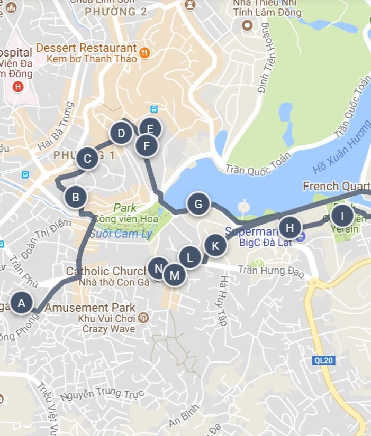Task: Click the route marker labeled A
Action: click(x=22, y=303)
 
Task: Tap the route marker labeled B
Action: click(x=76, y=198)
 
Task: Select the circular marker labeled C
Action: click(x=87, y=158)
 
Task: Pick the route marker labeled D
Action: click(x=121, y=133)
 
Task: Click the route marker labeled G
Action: click(x=198, y=204)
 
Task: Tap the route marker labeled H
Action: click(x=289, y=228)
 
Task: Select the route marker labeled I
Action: click(x=342, y=216)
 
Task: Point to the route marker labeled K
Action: click(x=215, y=246)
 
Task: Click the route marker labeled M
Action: click(x=174, y=275)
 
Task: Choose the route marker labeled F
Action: click(x=147, y=145)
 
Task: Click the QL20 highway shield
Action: click(x=321, y=360)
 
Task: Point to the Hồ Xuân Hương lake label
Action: click(x=341, y=149)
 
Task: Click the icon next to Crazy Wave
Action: click(x=143, y=318)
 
